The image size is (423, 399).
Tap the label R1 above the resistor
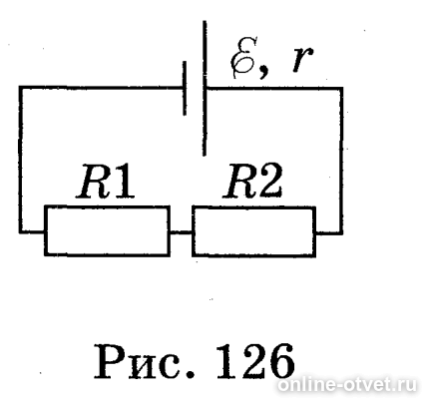106,181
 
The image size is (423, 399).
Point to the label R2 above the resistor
253,181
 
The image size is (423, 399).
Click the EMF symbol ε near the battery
244,57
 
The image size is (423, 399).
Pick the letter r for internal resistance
302,60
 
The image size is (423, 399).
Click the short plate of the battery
185,88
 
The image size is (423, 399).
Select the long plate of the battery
205,88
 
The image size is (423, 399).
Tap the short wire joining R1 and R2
181,232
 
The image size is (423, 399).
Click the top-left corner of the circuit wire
21,88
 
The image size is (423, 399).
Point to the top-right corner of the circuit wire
341,89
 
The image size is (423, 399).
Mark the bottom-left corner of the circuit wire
21,231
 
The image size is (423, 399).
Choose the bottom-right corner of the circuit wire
341,232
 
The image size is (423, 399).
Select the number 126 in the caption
255,361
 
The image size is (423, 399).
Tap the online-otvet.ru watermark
347,385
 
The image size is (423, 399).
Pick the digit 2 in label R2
270,181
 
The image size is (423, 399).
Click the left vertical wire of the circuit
21,160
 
